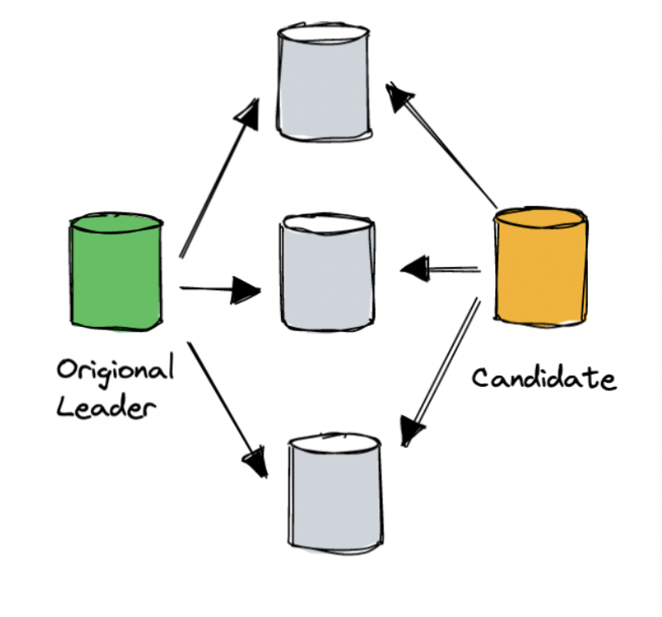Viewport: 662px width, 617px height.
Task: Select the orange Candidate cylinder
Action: pos(540,267)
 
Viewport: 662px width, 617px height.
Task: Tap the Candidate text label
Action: pos(544,379)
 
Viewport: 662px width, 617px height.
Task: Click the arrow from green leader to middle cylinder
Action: pos(217,289)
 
